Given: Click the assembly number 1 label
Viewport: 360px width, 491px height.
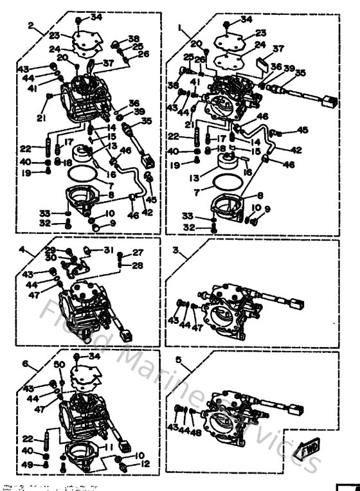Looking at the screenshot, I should coord(181,28).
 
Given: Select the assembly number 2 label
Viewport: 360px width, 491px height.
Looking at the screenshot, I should coord(31,26).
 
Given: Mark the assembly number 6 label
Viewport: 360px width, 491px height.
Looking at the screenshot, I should coord(25,363).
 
